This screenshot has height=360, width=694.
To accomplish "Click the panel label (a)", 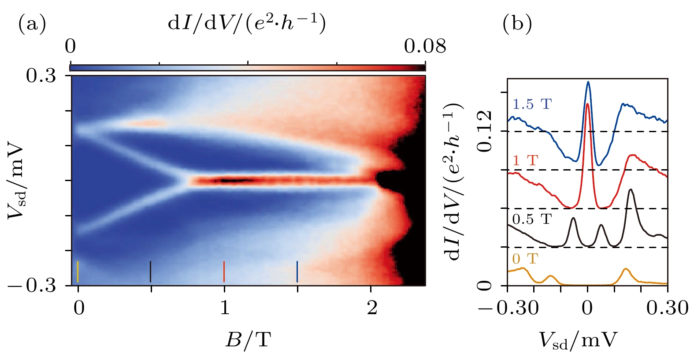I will (x=32, y=25).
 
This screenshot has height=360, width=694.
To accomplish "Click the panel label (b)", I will (x=517, y=25).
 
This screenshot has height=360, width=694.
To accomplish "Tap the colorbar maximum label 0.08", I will (x=425, y=46).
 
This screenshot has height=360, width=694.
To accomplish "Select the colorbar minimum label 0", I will (x=70, y=46).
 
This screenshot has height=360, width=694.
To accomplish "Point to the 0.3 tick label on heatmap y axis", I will (x=41, y=76).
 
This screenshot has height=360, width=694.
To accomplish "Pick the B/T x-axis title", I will (x=248, y=339).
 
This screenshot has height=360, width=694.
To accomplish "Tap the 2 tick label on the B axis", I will (x=372, y=308).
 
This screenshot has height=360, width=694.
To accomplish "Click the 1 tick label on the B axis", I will (x=225, y=308).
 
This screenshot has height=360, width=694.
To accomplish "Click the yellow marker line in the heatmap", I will (x=78, y=271).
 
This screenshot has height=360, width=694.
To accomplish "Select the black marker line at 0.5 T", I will (x=151, y=271).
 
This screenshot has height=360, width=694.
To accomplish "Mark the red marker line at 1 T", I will (x=224, y=271).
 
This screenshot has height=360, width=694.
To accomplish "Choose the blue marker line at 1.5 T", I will (x=297, y=271).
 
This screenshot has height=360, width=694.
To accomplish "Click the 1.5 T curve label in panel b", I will (x=532, y=104).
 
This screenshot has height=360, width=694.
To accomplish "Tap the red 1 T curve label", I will (x=525, y=160).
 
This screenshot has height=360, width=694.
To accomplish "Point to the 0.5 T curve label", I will (x=532, y=219).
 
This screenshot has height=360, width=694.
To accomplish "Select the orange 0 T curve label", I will (x=525, y=258).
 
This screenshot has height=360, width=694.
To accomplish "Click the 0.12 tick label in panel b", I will (x=485, y=131).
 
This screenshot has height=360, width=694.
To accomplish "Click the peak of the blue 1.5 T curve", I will (x=588, y=82).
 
